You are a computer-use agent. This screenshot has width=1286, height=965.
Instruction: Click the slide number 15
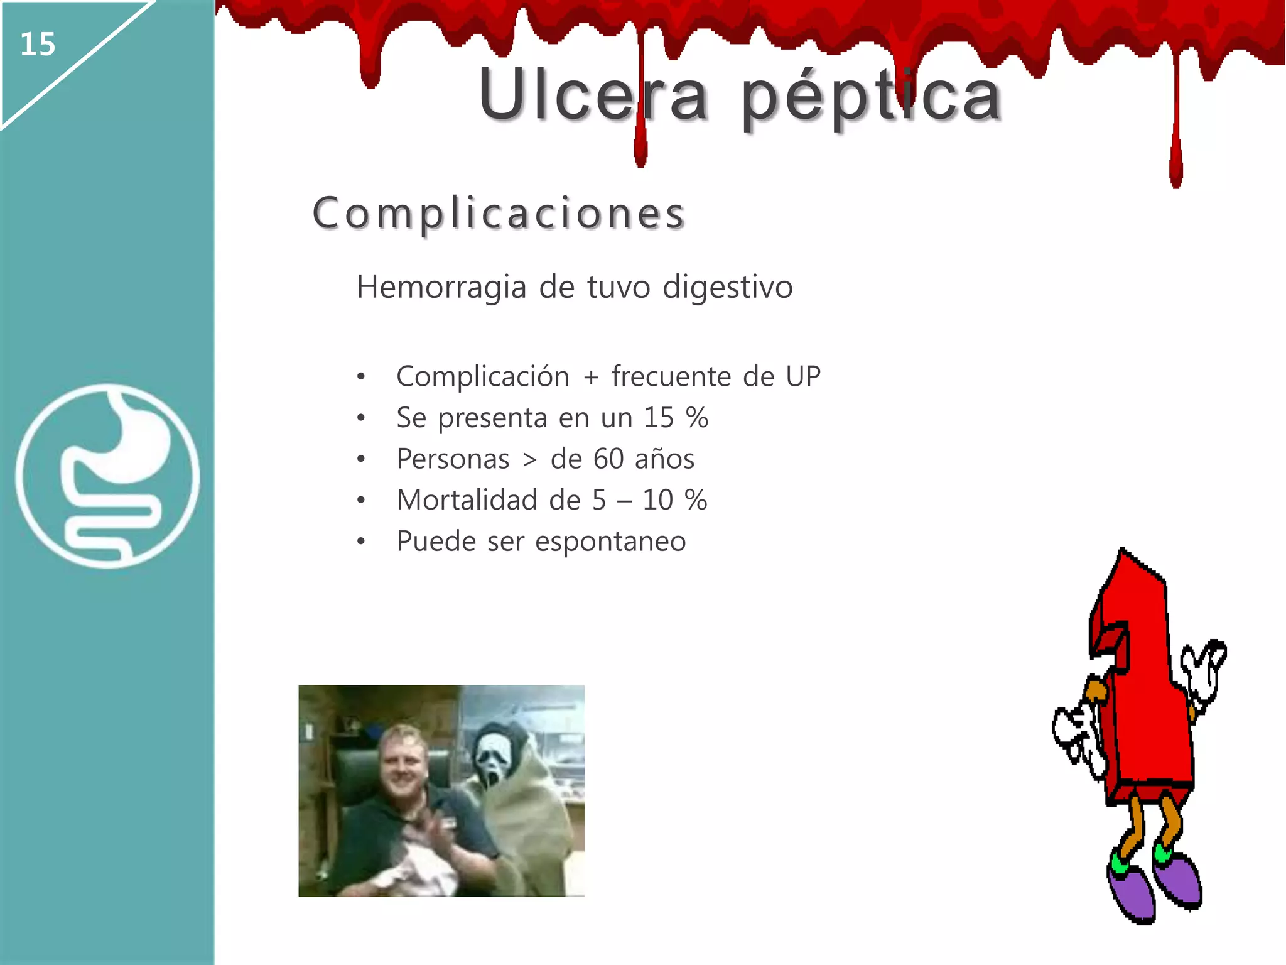[x=38, y=45]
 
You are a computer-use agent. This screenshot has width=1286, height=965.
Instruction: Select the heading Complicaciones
[x=499, y=214]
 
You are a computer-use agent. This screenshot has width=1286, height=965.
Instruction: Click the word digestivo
[x=728, y=288]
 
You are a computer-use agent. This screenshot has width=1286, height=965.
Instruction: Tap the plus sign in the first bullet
[x=590, y=378]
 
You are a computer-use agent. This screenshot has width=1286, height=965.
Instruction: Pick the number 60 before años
[x=608, y=459]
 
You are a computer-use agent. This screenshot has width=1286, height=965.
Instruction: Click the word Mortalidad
[x=468, y=501]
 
